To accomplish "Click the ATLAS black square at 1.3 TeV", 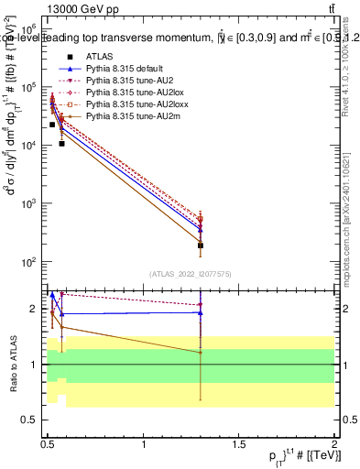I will (200, 245).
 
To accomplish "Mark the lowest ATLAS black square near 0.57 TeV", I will (61, 144).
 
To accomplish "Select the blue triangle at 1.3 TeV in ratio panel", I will (200, 312).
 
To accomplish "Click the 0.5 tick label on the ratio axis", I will (32, 420).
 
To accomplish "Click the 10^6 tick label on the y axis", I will (28, 28).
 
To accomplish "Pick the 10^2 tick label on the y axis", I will (28, 262).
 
